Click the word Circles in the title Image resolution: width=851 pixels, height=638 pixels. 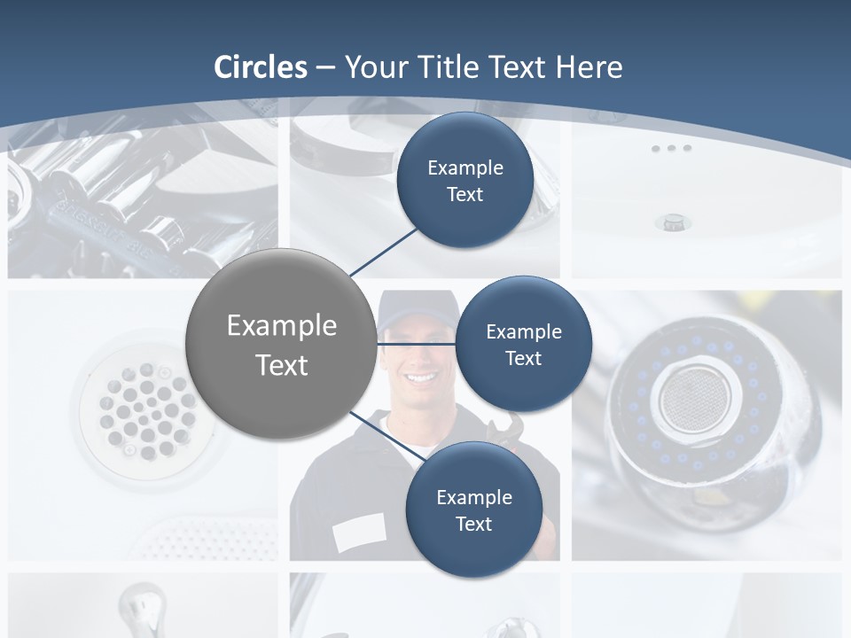261,67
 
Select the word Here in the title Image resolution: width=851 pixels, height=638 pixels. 589,67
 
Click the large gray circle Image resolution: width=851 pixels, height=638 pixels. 281,344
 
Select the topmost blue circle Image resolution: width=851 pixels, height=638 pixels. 465,180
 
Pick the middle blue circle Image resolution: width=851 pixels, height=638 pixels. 523,344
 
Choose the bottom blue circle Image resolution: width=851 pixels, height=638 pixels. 473,510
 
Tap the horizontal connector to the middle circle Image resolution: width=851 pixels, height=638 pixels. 416,344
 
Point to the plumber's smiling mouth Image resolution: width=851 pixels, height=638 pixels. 419,378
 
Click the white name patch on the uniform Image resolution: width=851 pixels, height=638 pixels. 358,532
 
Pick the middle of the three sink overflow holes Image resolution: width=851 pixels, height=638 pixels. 671,148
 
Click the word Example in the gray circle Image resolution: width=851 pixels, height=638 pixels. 281,325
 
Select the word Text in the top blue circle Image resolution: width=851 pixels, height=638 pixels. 465,194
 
